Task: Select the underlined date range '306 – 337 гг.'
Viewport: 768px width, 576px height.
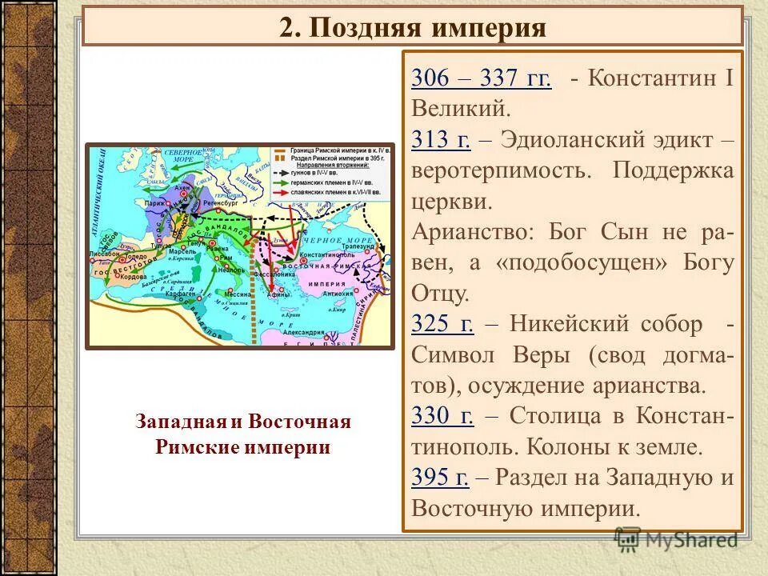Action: [481, 78]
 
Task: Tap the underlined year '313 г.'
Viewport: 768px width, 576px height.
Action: [441, 140]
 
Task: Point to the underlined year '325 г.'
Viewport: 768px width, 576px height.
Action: [442, 324]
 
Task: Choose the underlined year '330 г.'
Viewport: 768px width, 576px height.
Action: [442, 415]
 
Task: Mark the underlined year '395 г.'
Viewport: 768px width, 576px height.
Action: [440, 477]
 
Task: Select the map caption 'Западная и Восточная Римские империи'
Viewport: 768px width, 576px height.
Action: [243, 434]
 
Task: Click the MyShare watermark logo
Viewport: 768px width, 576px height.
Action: [677, 539]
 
